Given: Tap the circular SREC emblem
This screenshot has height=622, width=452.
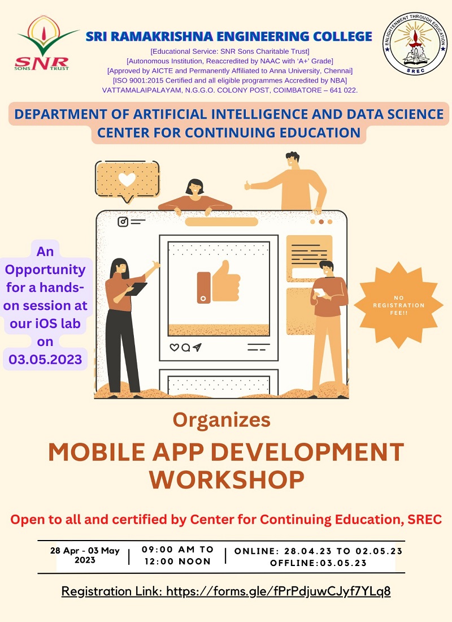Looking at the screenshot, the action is [x=414, y=44].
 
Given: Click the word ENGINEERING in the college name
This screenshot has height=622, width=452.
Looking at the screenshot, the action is [x=263, y=37].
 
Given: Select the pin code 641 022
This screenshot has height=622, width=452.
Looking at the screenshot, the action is [x=343, y=90].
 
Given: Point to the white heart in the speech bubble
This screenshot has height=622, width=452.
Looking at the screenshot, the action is [x=127, y=179].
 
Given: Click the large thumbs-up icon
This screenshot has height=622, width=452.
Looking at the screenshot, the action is [x=219, y=282].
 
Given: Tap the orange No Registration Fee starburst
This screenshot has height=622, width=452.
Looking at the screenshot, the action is [x=398, y=305].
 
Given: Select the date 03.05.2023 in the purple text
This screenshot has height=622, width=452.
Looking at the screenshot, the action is [x=45, y=360].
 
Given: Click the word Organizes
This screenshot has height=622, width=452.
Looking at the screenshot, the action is [x=221, y=420].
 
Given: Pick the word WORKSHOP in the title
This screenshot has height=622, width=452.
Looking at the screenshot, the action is [x=227, y=480].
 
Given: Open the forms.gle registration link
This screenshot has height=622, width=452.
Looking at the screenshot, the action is [x=279, y=591].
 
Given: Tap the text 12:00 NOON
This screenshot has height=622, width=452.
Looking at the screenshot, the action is [x=177, y=561].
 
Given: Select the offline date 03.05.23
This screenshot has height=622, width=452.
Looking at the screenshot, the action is [x=343, y=563].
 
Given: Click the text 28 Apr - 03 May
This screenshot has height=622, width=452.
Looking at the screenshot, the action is [x=85, y=551].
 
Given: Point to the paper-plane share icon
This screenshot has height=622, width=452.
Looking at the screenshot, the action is [x=197, y=348].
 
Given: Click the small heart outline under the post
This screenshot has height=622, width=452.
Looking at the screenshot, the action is [x=174, y=348].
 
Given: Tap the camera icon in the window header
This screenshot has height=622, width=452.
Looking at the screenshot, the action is [x=123, y=222].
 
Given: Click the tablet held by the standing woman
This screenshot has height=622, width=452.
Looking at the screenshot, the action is [x=137, y=289].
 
